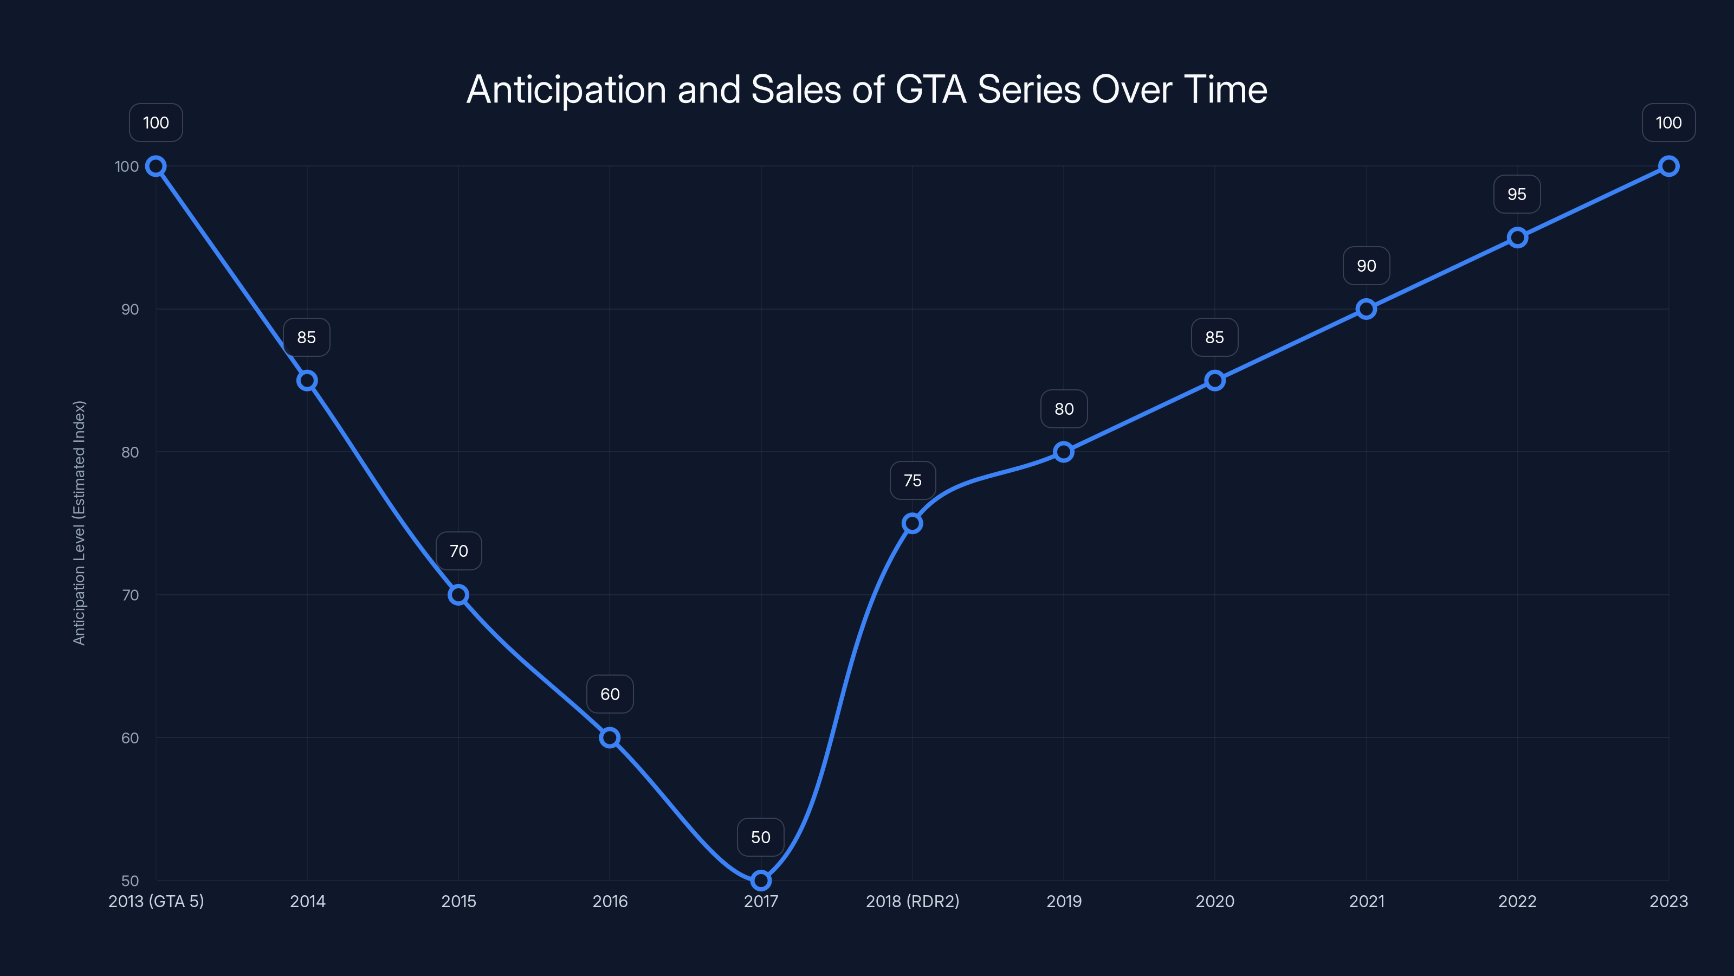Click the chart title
tap(866, 89)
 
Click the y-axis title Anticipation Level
tap(80, 523)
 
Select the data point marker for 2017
tap(761, 881)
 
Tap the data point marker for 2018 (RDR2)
tap(912, 523)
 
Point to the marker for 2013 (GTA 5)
tap(156, 166)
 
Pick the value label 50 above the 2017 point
tap(761, 837)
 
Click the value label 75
tap(912, 480)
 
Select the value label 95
tap(1517, 195)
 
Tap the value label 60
tap(610, 695)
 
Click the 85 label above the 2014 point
tap(307, 337)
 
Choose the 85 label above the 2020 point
tap(1214, 337)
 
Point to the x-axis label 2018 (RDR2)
tap(912, 901)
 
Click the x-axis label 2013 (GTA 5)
tap(156, 901)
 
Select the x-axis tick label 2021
tap(1367, 901)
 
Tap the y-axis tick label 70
tap(130, 595)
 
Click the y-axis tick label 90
tap(130, 310)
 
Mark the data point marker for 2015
tap(458, 595)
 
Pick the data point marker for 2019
tap(1064, 452)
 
